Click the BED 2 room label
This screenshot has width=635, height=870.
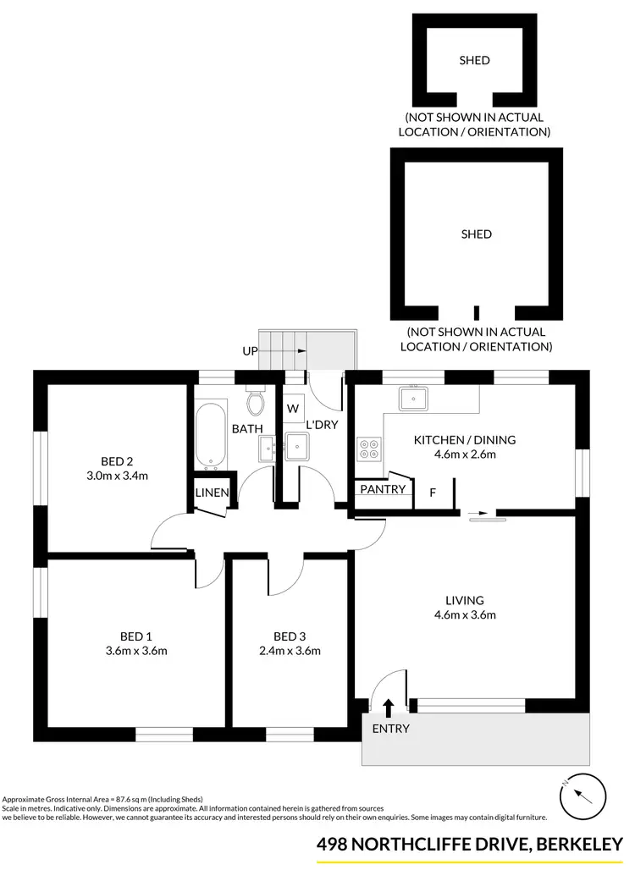[x=118, y=461]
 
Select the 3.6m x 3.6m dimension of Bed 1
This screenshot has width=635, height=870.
[x=136, y=651]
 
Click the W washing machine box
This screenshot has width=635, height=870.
[x=293, y=408]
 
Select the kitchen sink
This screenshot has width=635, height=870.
[x=413, y=399]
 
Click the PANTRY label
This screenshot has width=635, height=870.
[x=384, y=489]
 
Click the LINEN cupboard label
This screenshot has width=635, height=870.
[x=211, y=493]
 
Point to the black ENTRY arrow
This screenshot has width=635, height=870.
[x=389, y=707]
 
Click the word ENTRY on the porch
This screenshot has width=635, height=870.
[x=390, y=729]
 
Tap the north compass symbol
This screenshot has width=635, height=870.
[x=584, y=796]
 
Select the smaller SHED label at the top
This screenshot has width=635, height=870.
[x=474, y=60]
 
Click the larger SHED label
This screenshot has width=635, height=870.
[x=476, y=234]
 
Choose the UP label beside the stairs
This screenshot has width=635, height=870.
[x=250, y=350]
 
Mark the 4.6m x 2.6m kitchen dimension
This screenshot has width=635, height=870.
[x=464, y=454]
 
